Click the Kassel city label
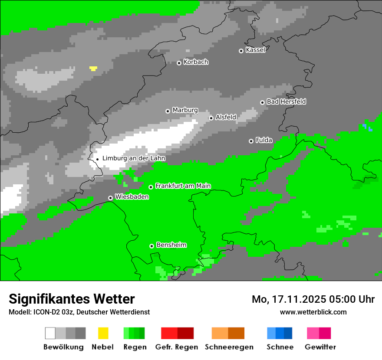coord(255,50)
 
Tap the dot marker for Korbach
coord(179,63)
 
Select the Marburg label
coord(185,110)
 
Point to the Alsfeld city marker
coord(211,118)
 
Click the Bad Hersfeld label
coord(286,101)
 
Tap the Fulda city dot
coord(251,141)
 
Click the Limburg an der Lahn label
coord(133,158)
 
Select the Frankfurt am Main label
coord(183,186)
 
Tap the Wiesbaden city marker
coord(111,198)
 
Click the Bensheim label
coord(171,245)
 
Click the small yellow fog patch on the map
coord(93,68)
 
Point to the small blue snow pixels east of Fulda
coord(367,127)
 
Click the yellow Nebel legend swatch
coord(103,333)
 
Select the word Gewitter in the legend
coord(320,347)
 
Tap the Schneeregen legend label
coord(229,347)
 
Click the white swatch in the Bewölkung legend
coord(50,333)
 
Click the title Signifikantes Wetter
coord(72,299)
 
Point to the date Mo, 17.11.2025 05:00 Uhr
coord(313,299)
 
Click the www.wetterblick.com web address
coord(313,312)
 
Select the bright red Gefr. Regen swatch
coord(169,333)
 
